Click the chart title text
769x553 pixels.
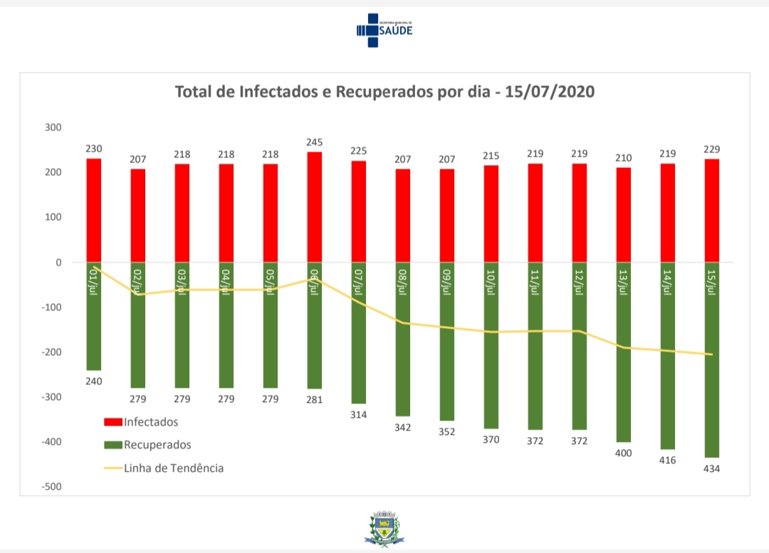tap(384, 93)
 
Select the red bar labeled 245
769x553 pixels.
tap(315, 206)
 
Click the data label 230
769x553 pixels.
tap(94, 149)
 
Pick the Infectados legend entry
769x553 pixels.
tap(141, 422)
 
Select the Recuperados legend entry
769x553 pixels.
tap(147, 445)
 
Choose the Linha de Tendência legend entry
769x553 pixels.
tap(164, 468)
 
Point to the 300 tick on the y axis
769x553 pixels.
tap(53, 127)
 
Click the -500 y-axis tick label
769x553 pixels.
tap(51, 487)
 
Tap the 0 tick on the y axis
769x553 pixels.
tap(58, 263)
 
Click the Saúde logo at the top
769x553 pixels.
tap(384, 30)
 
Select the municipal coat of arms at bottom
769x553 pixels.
tap(384, 528)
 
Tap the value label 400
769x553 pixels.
tap(624, 453)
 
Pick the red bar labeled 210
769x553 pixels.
tap(624, 215)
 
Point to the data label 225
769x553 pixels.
tap(359, 151)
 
